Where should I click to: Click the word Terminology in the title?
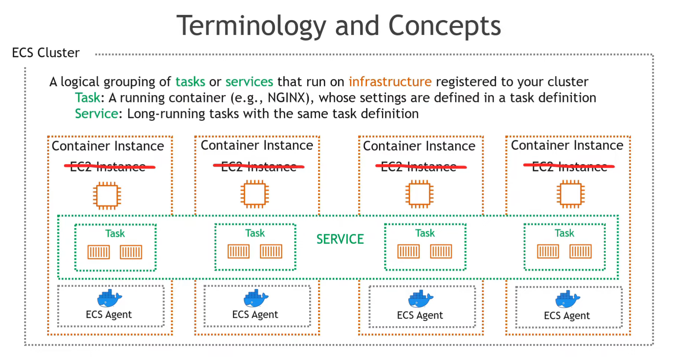(x=251, y=26)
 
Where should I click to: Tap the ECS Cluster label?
(x=46, y=53)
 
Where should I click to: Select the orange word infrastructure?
(x=390, y=82)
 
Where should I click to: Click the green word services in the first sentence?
(x=249, y=82)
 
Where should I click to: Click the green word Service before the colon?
(x=96, y=114)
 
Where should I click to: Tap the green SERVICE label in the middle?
(x=340, y=239)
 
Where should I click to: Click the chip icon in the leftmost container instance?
(x=107, y=196)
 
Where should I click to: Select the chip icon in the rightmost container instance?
(x=571, y=194)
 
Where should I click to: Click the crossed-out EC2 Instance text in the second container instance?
(x=259, y=167)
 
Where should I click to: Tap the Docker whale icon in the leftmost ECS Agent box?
(x=109, y=299)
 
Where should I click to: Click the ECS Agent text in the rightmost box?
(x=566, y=315)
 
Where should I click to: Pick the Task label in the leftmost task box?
(x=115, y=233)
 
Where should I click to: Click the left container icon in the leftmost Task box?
(x=99, y=252)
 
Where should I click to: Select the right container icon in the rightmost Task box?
(x=580, y=251)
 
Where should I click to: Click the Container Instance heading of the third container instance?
(x=419, y=146)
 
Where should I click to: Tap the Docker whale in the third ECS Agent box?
(x=420, y=299)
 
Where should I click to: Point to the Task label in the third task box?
(x=425, y=233)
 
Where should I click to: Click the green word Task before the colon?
(x=87, y=98)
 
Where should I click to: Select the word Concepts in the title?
(x=444, y=26)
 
